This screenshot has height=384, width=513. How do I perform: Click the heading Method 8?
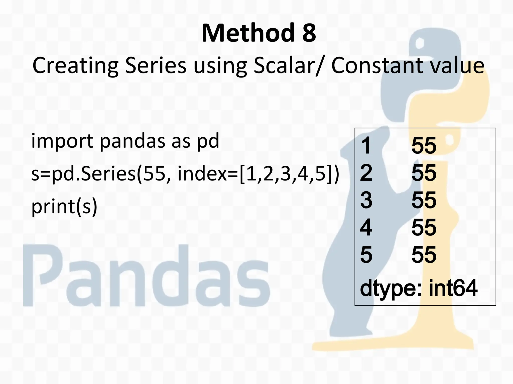tap(259, 33)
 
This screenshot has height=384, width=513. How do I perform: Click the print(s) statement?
tap(64, 207)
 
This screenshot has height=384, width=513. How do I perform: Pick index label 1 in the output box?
tap(366, 145)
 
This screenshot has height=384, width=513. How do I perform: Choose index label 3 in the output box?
tap(366, 200)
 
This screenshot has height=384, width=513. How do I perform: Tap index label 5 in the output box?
tap(366, 255)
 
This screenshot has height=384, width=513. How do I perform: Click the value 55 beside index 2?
tap(424, 173)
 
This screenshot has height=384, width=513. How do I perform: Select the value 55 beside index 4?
tap(424, 227)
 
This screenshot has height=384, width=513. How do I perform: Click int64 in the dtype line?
tap(453, 288)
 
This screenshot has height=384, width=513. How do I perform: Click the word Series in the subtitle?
tap(156, 65)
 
